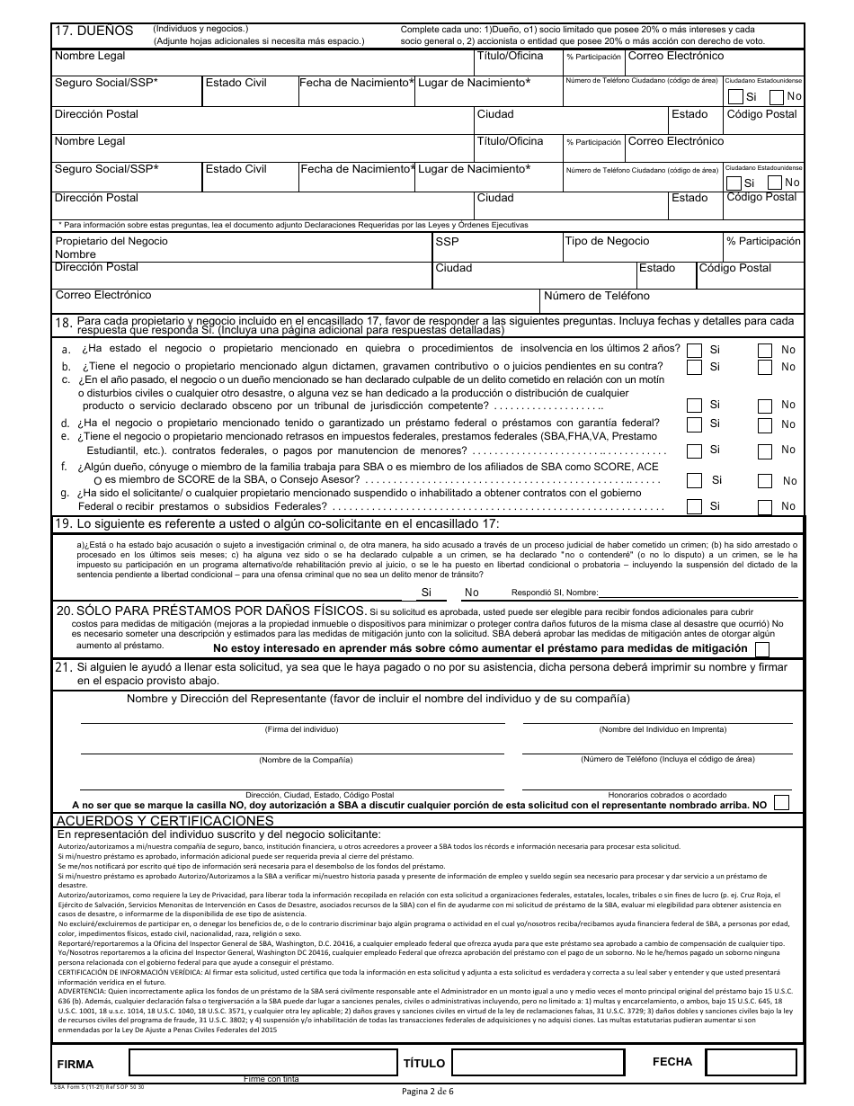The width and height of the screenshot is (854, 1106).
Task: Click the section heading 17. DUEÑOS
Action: pos(93,31)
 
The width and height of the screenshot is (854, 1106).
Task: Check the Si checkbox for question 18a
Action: pos(695,350)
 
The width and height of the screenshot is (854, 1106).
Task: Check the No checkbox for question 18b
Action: pos(765,368)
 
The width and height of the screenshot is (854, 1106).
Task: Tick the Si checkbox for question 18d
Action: pos(695,424)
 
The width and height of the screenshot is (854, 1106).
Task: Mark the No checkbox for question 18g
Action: pos(765,506)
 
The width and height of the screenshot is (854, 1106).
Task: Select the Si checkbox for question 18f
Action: pos(695,481)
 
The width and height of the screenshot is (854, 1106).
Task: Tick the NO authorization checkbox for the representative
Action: pos(781,803)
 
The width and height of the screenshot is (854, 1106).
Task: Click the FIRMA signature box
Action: pos(263,1063)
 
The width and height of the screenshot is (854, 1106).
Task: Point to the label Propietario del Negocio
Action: pos(111,241)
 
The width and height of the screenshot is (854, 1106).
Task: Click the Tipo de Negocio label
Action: pos(607,241)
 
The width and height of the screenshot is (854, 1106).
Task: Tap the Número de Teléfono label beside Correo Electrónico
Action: pos(596,296)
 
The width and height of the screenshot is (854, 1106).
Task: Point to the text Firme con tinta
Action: pos(271,1079)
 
